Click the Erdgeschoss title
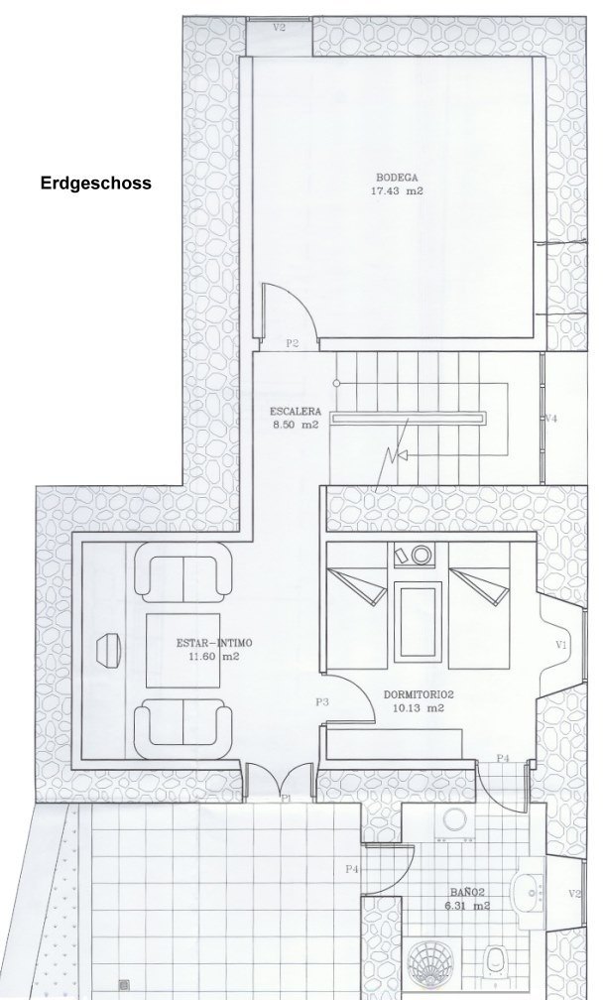click(x=96, y=183)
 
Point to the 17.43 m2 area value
click(x=397, y=190)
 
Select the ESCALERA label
click(x=296, y=412)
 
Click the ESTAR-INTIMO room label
click(x=214, y=643)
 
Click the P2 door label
click(x=292, y=343)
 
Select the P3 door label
click(x=322, y=702)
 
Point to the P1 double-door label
click(x=287, y=798)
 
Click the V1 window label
click(x=561, y=645)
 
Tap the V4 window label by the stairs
click(x=551, y=419)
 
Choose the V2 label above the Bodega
click(x=279, y=28)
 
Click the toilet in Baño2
click(x=495, y=960)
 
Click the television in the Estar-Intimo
click(x=108, y=650)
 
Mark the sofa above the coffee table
click(x=183, y=572)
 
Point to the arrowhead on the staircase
click(x=401, y=454)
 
